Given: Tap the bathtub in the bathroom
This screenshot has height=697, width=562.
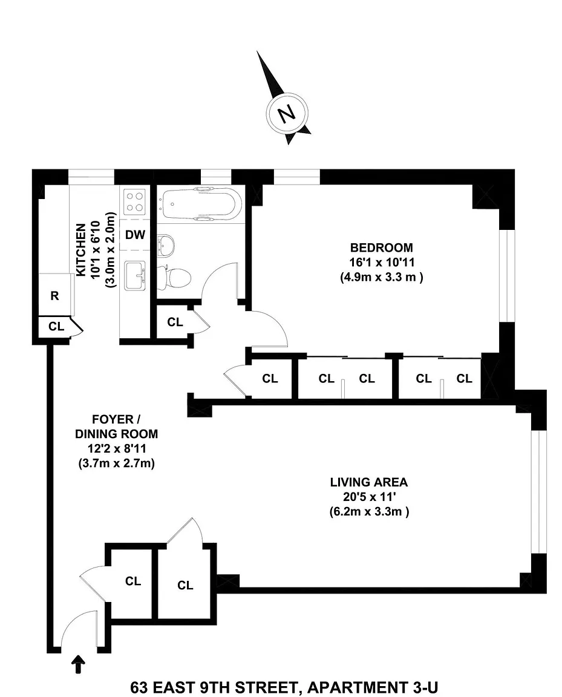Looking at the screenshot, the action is point(201,204).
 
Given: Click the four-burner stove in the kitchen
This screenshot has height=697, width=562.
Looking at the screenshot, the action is point(135,201).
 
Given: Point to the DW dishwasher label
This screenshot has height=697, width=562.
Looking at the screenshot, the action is point(135,234).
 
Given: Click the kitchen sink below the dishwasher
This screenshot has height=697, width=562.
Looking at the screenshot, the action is point(135,276).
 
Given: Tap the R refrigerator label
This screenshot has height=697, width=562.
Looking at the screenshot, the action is point(54,296).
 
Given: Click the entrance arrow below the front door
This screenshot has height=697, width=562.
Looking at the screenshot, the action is point(78,664).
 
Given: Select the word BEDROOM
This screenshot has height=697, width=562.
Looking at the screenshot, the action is point(381,247).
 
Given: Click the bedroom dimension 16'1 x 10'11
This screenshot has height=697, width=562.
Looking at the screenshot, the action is point(382,262).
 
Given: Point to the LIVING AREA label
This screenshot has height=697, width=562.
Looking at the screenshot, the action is point(368,482).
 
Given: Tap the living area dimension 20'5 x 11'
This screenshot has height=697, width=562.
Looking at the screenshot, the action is point(368,497).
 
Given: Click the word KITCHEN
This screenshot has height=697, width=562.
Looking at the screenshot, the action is point(80,250).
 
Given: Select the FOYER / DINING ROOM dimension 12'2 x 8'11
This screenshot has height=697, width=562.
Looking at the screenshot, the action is point(117,448).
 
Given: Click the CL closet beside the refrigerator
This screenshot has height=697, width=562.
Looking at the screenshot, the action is point(56,326).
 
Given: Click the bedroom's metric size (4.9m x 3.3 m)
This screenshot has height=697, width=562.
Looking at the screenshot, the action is point(382,277).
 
